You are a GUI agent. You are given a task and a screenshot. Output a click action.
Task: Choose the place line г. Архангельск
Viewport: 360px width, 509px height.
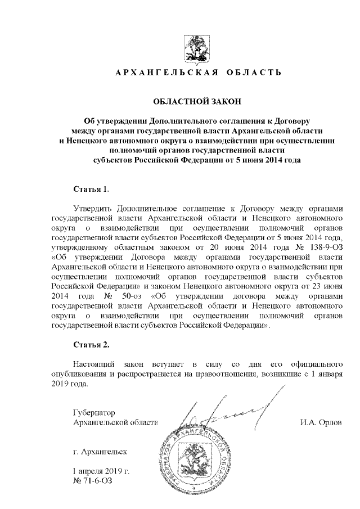click(100, 451)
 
